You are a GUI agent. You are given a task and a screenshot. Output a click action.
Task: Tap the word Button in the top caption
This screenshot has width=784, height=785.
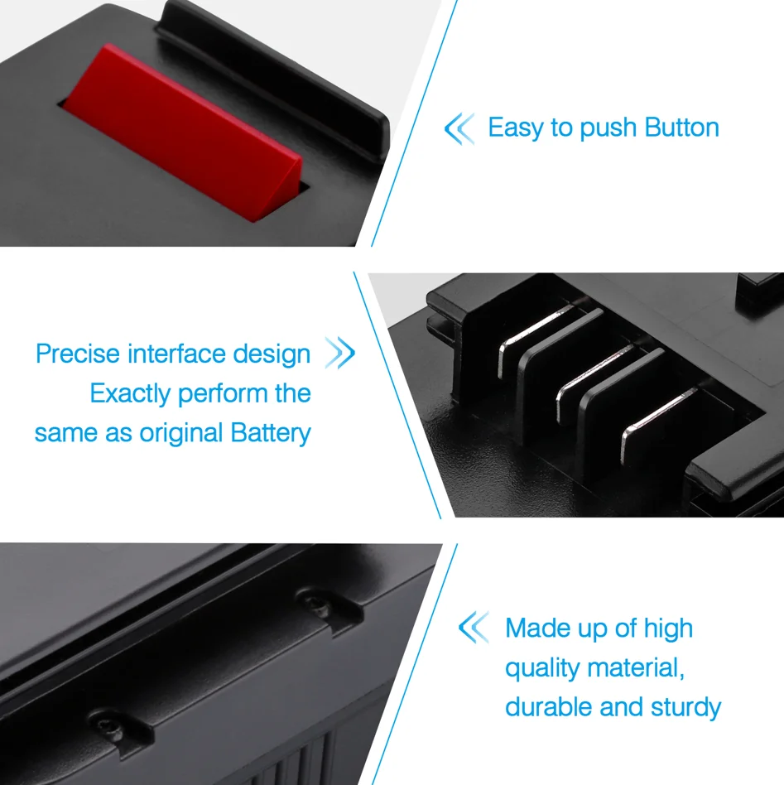pos(682,128)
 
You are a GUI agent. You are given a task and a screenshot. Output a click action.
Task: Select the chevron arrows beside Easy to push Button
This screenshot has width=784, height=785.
pos(459,128)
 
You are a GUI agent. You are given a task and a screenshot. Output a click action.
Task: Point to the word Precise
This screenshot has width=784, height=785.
pos(78,354)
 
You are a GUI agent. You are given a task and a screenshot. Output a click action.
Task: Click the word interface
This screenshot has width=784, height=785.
pos(176,354)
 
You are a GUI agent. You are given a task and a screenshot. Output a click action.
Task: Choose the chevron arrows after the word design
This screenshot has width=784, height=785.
pos(340,353)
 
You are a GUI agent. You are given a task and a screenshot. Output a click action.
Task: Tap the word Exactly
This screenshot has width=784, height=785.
pos(131,394)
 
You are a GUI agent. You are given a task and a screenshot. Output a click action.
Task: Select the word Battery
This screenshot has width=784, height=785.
pos(271,433)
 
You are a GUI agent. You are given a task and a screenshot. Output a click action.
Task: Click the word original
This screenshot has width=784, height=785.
pos(180,434)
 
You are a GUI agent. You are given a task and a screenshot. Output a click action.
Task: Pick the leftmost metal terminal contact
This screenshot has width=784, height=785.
pos(535,340)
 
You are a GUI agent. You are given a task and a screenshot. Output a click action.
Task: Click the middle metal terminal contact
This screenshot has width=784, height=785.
pos(594,383)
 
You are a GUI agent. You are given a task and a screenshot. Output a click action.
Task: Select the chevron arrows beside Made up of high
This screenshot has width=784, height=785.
pos(474,627)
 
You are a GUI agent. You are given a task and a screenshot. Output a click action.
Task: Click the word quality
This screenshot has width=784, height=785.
pos(542,669)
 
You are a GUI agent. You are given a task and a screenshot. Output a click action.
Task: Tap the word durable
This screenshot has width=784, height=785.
pos(548,707)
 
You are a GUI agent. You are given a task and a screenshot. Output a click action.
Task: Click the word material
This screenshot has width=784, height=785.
pos(637,668)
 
